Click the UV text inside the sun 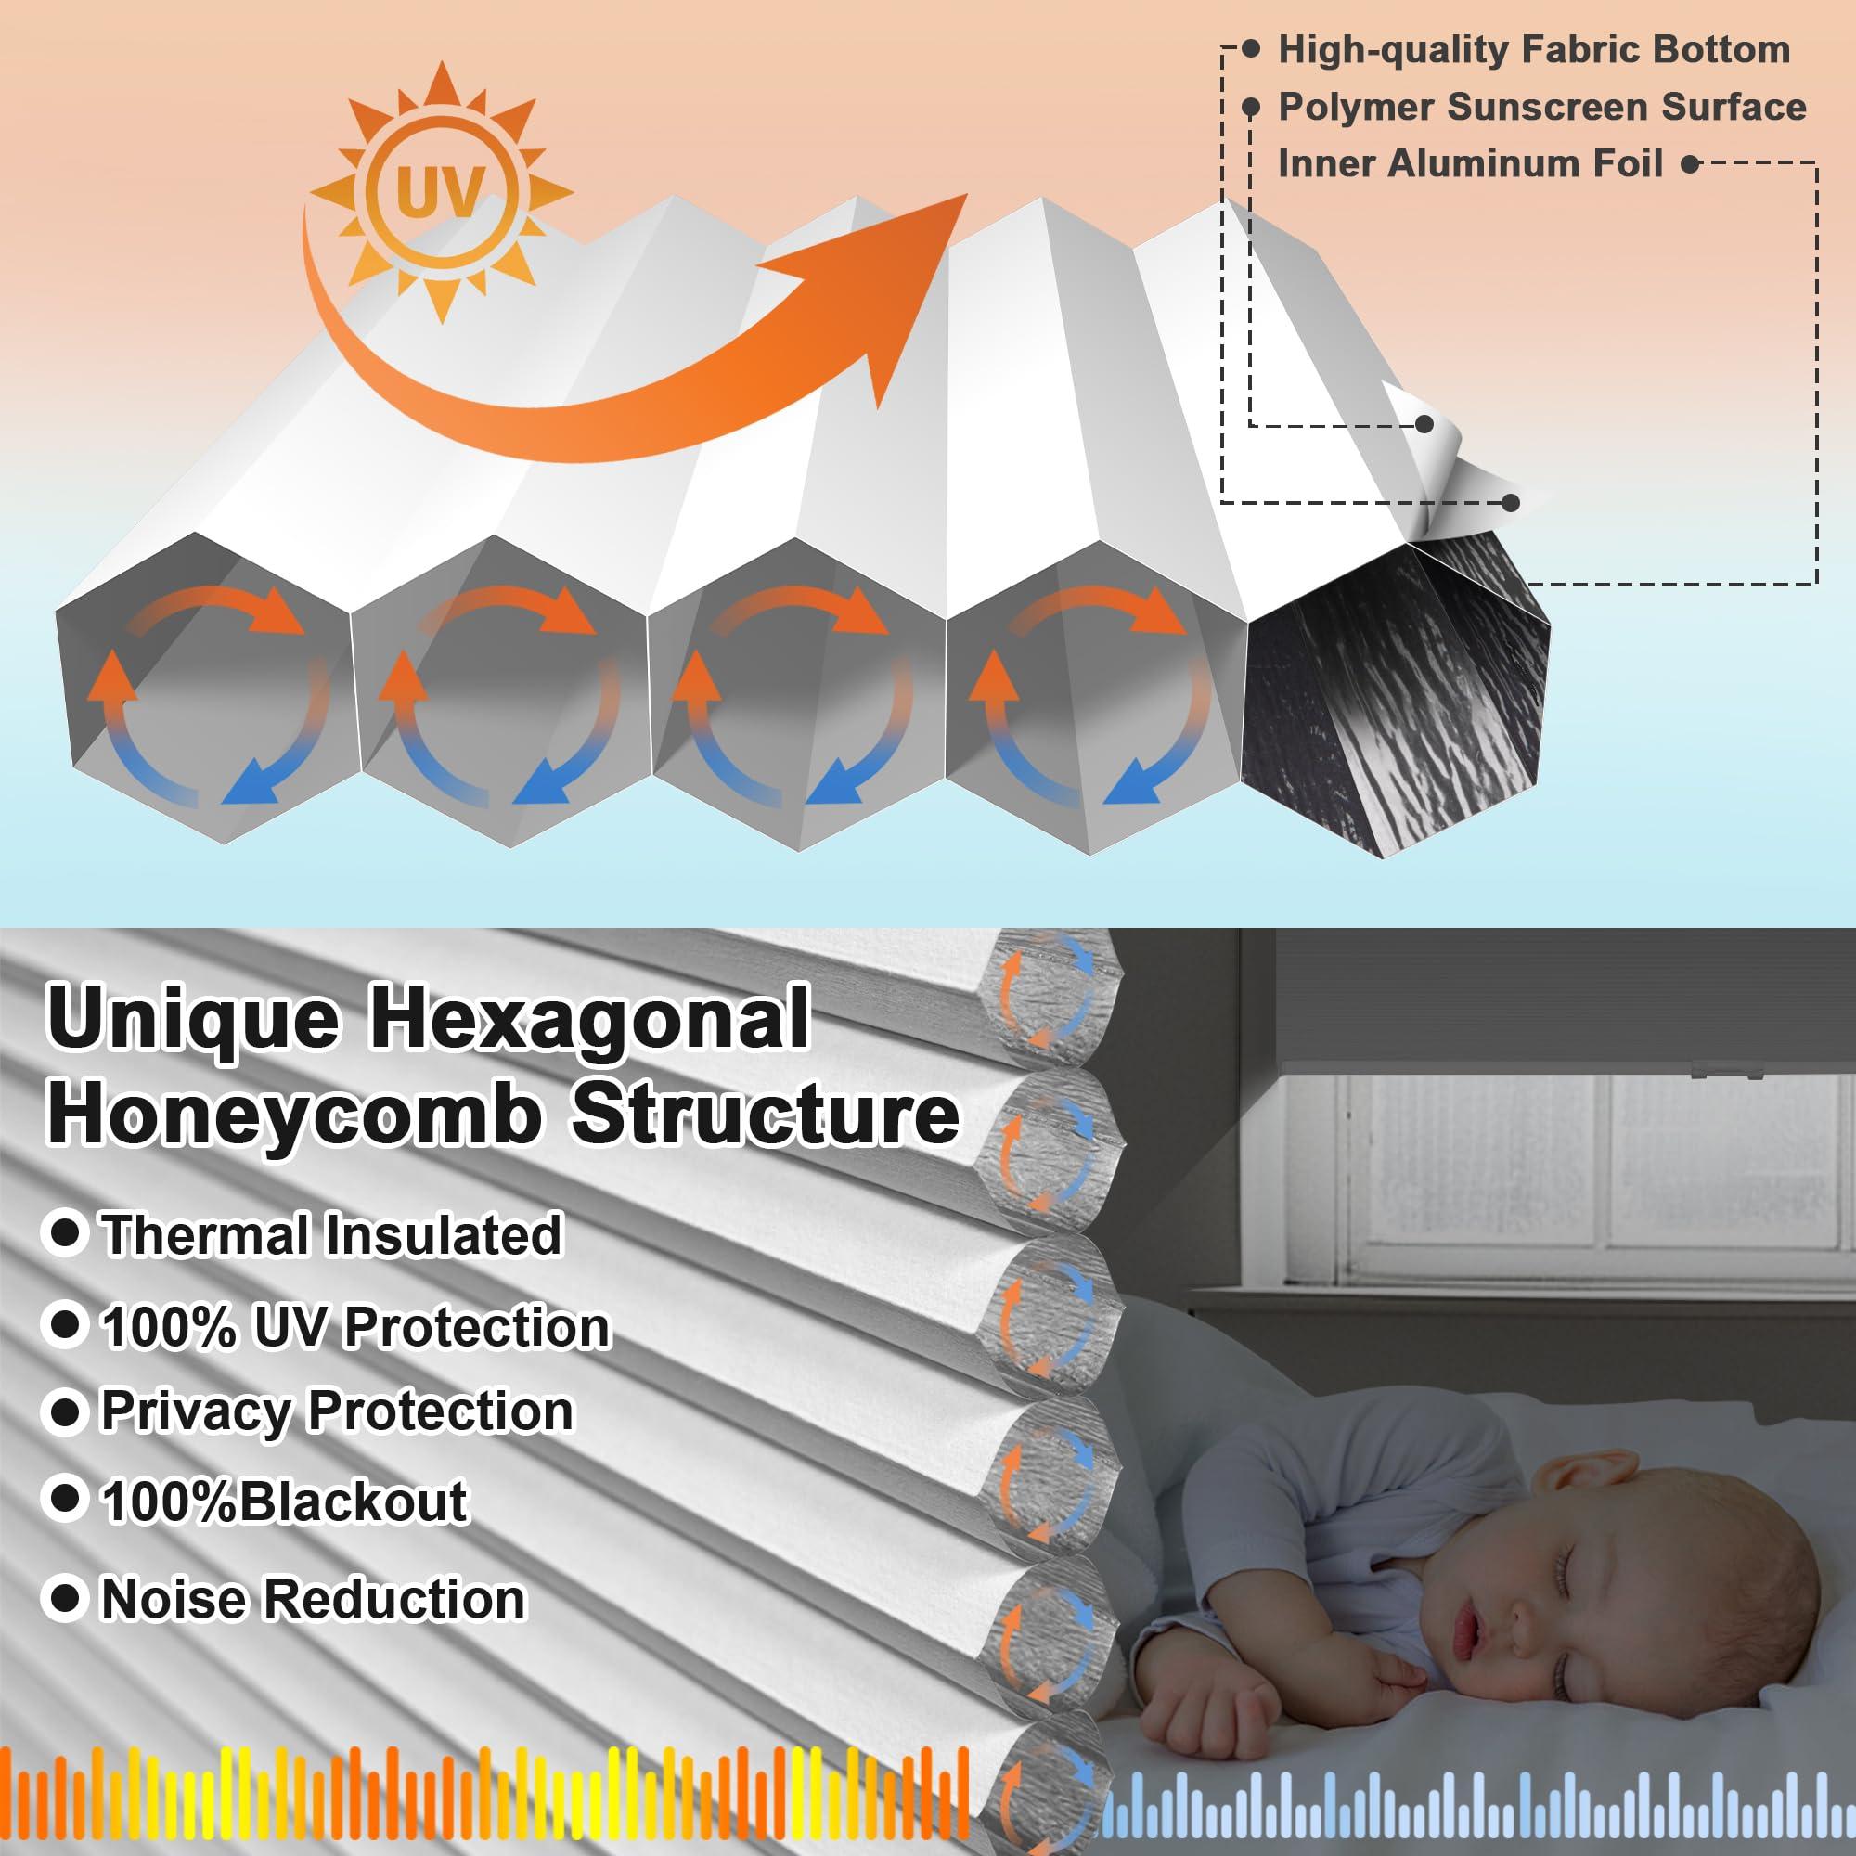(x=441, y=192)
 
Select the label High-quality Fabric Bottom (x=1533, y=50)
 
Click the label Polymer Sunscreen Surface (x=1540, y=107)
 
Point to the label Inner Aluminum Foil (x=1469, y=163)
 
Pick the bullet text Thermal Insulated (x=331, y=1234)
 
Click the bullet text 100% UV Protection (x=355, y=1328)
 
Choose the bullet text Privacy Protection (x=336, y=1412)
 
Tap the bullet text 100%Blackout (x=284, y=1502)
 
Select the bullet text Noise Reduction (x=313, y=1600)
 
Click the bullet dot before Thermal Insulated (x=65, y=1232)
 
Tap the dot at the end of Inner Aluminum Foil (x=1690, y=164)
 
